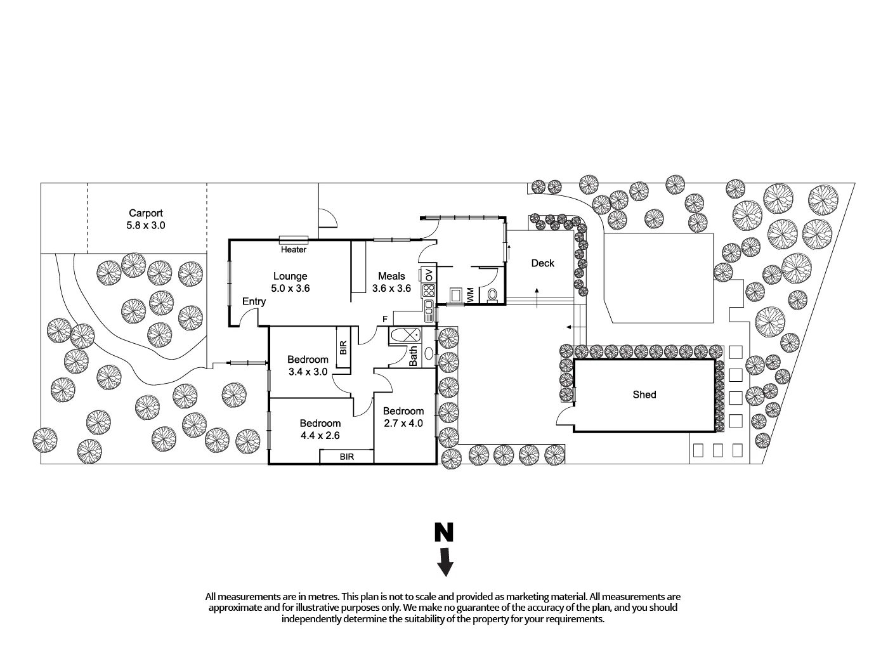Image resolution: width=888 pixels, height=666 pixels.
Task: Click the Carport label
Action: [x=146, y=214]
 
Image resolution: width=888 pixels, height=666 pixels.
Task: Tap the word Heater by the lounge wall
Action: [x=294, y=250]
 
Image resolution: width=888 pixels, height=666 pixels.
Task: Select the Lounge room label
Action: [x=290, y=276]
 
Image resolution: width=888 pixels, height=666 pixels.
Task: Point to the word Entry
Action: [x=254, y=301]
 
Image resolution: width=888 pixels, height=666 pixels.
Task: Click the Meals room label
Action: [x=391, y=276]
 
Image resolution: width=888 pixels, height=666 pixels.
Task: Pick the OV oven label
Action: [x=429, y=275]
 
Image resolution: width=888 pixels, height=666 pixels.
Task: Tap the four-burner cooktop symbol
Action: [x=428, y=291]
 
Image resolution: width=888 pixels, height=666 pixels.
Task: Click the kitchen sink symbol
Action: [x=429, y=311]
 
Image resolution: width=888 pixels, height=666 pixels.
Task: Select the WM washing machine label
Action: [x=470, y=295]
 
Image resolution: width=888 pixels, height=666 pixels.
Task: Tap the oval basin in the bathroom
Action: [x=429, y=354]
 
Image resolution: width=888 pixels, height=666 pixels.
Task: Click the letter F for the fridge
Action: [x=384, y=318]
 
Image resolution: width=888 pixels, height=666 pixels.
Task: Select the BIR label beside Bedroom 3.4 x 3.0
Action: [x=343, y=347]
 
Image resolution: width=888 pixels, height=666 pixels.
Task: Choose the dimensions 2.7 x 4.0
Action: [x=403, y=423]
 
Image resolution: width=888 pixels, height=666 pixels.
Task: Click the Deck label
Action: [x=542, y=263]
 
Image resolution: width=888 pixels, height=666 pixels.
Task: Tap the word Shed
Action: [x=644, y=395]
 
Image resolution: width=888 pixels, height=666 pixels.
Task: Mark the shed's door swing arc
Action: [x=563, y=415]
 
